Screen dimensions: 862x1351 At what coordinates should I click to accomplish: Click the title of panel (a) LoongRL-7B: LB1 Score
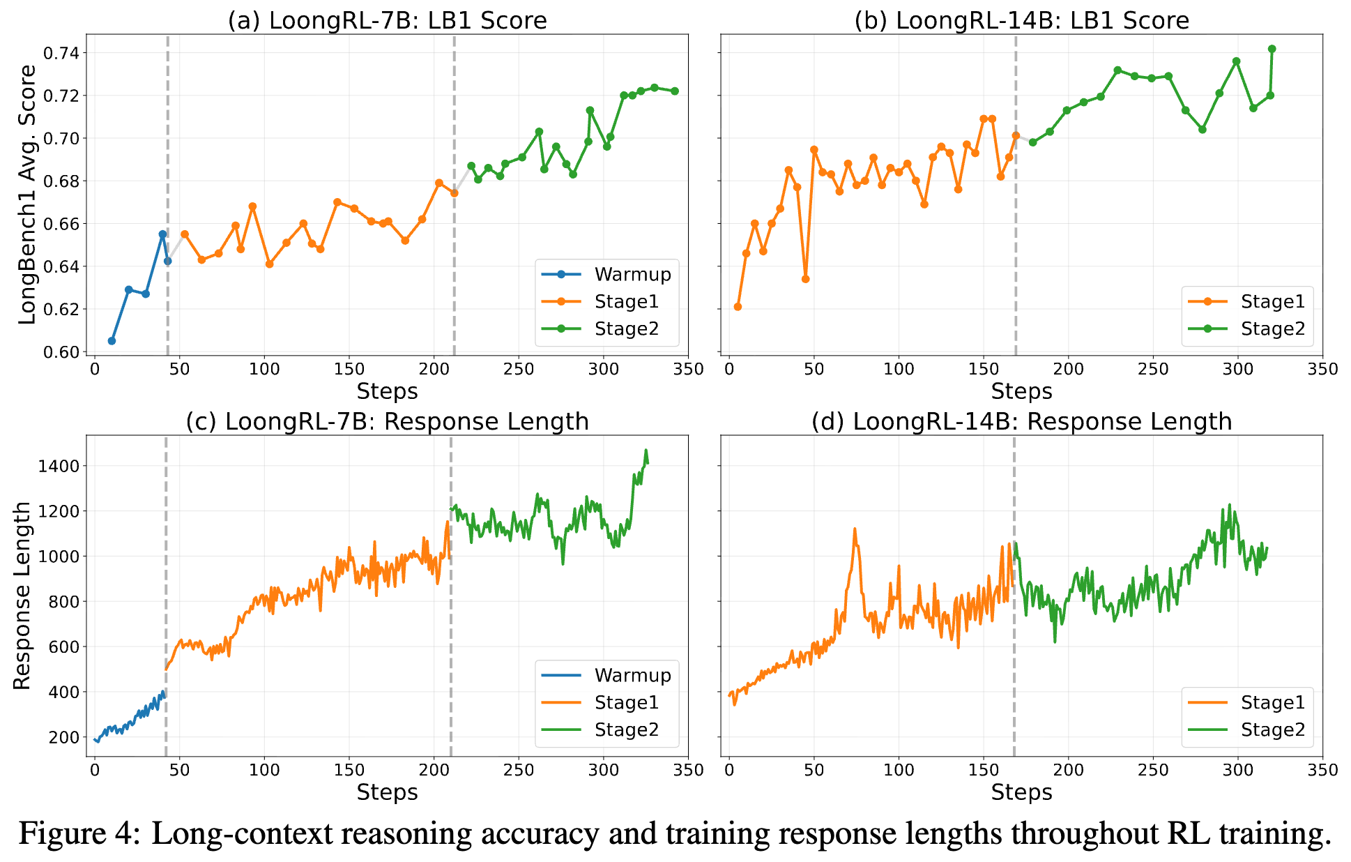387,20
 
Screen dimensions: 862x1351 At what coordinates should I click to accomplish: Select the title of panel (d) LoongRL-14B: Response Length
1021,421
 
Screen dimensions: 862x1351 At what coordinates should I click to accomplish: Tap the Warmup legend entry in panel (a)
632,274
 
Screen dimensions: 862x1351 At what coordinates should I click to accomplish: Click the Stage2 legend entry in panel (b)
1272,328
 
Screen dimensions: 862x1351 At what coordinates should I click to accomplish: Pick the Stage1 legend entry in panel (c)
626,702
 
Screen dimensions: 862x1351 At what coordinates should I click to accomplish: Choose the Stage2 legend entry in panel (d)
1272,729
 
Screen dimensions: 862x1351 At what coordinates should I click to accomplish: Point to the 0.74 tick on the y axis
61,53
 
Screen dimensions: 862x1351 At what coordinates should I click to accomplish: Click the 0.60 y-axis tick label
61,351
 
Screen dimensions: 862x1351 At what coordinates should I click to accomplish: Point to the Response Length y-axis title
22,596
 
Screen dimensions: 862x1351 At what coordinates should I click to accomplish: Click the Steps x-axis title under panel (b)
1021,391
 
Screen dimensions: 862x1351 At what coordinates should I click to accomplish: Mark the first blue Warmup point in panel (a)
112,340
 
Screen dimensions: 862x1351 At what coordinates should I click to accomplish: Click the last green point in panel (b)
1272,49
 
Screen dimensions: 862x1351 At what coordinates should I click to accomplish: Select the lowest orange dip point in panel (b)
805,279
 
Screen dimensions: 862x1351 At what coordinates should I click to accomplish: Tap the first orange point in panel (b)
738,307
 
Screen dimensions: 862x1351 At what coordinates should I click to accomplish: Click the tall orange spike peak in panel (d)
855,529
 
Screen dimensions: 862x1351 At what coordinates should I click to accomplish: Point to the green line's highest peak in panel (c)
646,450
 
